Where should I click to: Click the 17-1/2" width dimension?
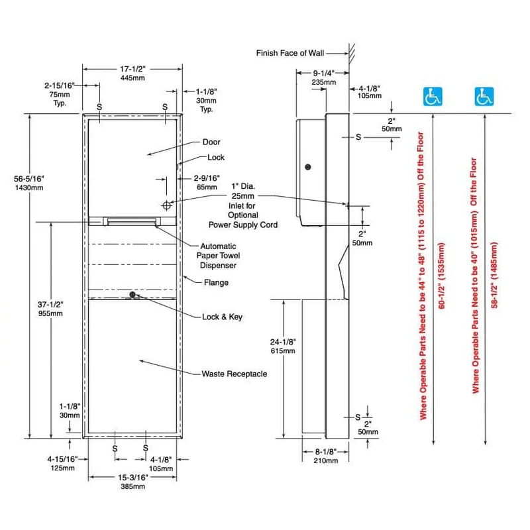tap(132, 69)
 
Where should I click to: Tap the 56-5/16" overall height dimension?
tap(28, 178)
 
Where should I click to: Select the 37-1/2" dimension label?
tap(50, 305)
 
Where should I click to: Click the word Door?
tap(211, 142)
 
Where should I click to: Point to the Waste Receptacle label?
tap(235, 374)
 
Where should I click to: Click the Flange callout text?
tap(216, 282)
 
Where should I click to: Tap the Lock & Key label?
tap(222, 317)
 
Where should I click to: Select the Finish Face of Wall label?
tap(290, 53)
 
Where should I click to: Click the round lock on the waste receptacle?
tap(132, 295)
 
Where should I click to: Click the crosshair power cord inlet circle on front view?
tap(167, 205)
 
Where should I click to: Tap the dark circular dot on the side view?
tap(308, 167)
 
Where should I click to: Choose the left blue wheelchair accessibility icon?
tap(433, 96)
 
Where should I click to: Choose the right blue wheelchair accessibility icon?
tap(484, 96)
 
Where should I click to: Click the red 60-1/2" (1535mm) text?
tap(442, 276)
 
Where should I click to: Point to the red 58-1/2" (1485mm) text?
tap(494, 275)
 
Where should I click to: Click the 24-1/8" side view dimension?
tap(283, 342)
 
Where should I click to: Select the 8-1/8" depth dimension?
tap(326, 452)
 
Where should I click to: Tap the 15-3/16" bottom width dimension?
tap(133, 477)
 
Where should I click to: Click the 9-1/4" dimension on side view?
tap(323, 73)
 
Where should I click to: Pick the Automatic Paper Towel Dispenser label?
tap(218, 256)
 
